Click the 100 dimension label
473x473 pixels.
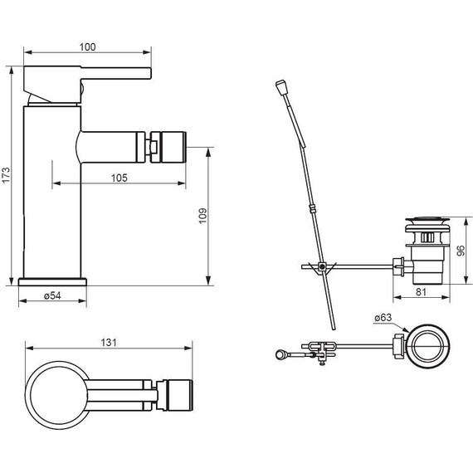pyautogui.click(x=87, y=47)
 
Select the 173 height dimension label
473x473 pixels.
pyautogui.click(x=6, y=175)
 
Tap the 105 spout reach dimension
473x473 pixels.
pyautogui.click(x=119, y=178)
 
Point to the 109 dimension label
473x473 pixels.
pyautogui.click(x=202, y=216)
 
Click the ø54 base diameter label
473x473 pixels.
pyautogui.click(x=52, y=295)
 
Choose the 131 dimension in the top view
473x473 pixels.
pyautogui.click(x=109, y=343)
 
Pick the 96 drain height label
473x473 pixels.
pyautogui.click(x=461, y=251)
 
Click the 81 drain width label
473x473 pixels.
pyautogui.click(x=421, y=292)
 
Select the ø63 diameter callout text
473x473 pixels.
pyautogui.click(x=383, y=317)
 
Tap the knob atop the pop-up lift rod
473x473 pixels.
pyautogui.click(x=280, y=87)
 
